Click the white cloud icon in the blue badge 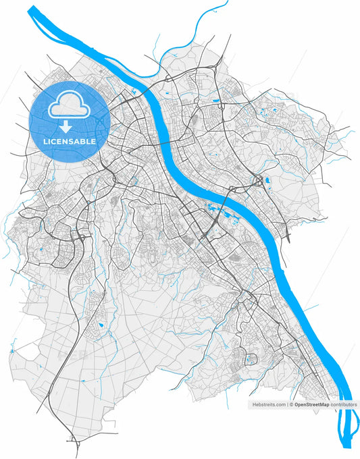point(66,104)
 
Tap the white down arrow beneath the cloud point(66,126)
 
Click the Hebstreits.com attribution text point(269,404)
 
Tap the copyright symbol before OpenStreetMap point(291,404)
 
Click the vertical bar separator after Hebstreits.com point(287,404)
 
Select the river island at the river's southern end point(345,425)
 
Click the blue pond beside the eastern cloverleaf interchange point(268,181)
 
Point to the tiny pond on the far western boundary point(11,352)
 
